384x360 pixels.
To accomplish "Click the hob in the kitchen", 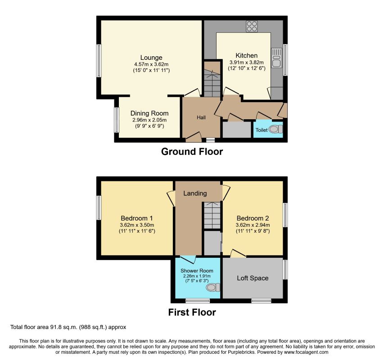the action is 252,27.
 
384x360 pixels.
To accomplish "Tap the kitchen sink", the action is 276,58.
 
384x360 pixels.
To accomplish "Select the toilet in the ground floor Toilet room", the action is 276,129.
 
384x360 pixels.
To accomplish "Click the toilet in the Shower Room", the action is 213,287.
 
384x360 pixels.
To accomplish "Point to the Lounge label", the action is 151,58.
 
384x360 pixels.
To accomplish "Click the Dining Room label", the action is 149,113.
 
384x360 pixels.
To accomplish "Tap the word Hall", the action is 201,117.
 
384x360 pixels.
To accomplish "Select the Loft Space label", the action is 253,278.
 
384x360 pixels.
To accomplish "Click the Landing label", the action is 195,193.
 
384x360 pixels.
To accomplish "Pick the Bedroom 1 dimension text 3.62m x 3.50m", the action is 137,225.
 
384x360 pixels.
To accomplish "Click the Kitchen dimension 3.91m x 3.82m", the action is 247,62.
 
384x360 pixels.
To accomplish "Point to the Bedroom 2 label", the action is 253,218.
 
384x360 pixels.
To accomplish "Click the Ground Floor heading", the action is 192,152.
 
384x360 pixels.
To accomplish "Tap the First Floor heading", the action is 192,312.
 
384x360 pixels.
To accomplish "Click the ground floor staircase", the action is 212,79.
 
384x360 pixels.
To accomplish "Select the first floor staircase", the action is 212,216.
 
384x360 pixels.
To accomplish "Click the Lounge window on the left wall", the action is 99,60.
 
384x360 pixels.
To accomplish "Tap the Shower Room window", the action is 197,301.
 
